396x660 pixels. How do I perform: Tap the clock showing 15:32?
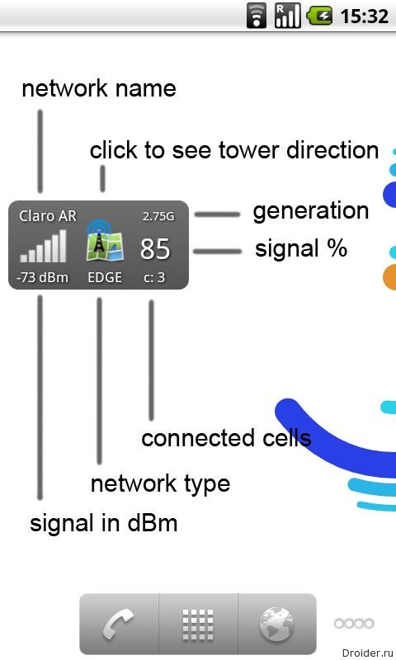click(x=365, y=16)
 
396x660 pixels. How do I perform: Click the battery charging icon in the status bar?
click(x=320, y=16)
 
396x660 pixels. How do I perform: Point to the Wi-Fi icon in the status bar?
click(x=257, y=16)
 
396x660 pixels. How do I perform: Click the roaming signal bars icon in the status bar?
click(x=287, y=16)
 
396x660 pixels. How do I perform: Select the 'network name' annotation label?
click(x=99, y=88)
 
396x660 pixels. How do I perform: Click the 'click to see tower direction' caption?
click(x=234, y=150)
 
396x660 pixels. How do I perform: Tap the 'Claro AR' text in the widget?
click(x=48, y=216)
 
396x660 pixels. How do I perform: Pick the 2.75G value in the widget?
click(x=158, y=216)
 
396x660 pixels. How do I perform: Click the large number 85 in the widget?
click(x=155, y=248)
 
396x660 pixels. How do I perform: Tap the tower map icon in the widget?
click(x=105, y=241)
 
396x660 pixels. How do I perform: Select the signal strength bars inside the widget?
click(x=44, y=246)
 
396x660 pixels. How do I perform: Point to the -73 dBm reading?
click(x=42, y=277)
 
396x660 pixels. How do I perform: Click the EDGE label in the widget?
click(x=105, y=277)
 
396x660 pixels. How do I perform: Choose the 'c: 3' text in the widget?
click(x=154, y=277)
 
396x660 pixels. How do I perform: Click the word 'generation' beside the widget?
click(x=311, y=211)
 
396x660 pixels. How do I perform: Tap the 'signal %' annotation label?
click(x=301, y=248)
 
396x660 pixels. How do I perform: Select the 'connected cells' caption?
click(x=226, y=438)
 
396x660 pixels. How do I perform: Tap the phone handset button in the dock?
click(x=119, y=625)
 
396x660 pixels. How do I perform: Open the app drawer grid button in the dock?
click(x=198, y=625)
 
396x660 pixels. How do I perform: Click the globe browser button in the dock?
click(x=276, y=625)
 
